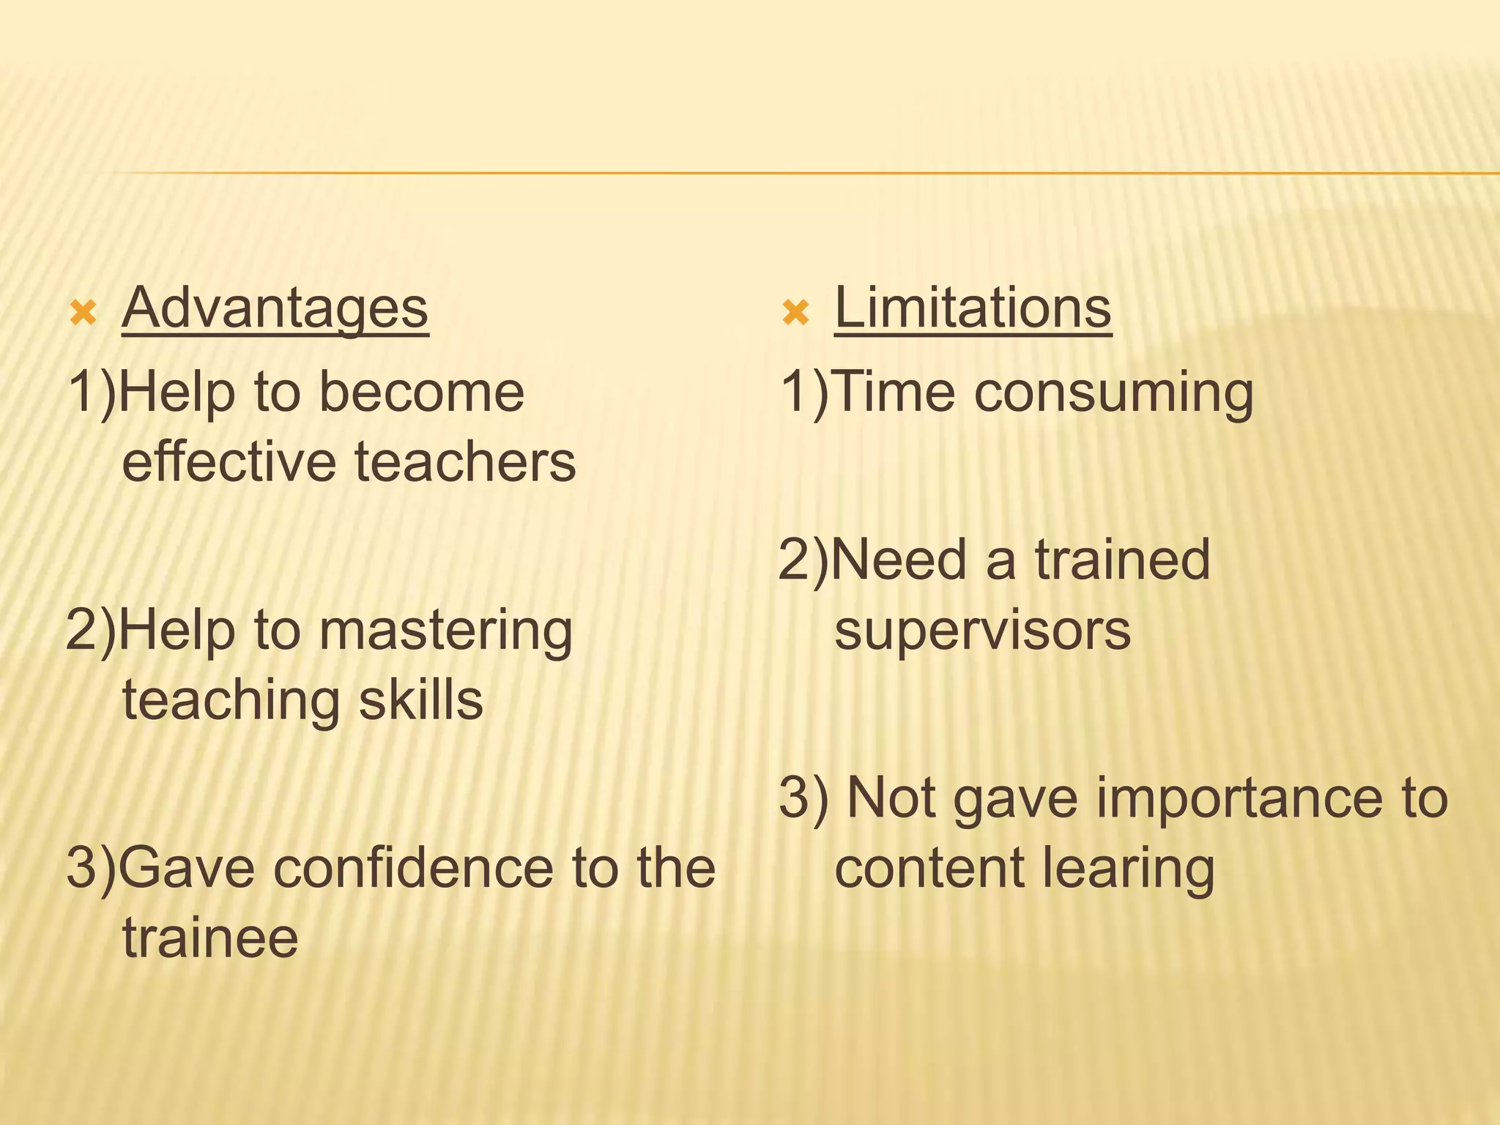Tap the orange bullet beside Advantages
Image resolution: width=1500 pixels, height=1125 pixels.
[83, 313]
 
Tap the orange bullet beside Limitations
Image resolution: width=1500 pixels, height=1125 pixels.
[795, 313]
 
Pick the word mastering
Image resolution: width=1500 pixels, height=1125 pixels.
[446, 631]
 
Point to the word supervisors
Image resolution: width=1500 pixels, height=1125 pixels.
[983, 631]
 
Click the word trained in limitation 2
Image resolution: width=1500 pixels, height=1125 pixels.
[1122, 560]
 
